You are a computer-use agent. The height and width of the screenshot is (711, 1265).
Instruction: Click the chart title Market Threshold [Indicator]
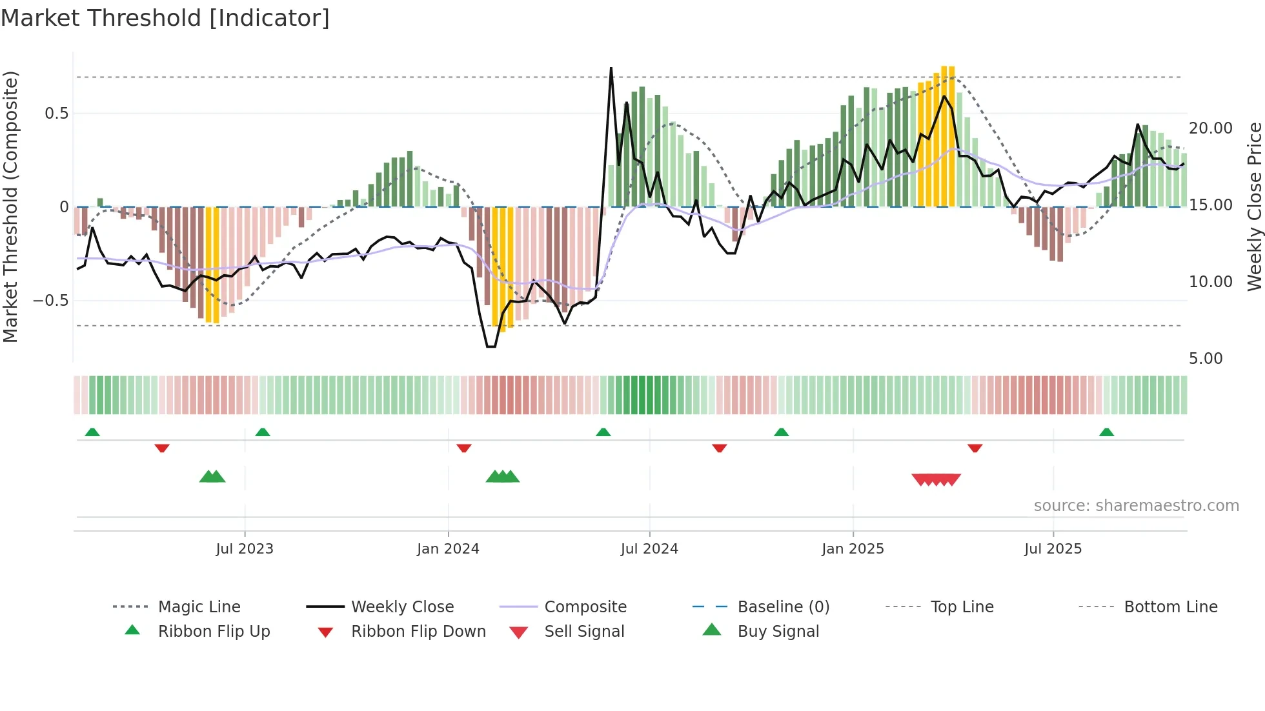click(x=165, y=18)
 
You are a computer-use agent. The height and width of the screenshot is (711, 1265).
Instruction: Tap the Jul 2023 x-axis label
click(x=245, y=549)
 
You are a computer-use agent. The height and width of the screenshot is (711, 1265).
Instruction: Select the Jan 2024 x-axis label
click(x=448, y=549)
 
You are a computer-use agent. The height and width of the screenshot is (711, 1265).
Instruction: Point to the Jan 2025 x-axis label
click(x=853, y=549)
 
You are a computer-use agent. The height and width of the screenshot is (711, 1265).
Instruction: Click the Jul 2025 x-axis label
click(x=1053, y=549)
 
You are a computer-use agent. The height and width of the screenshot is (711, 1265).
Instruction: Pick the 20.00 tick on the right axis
click(x=1211, y=128)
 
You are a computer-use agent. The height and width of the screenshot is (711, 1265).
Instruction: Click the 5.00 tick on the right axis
click(x=1206, y=359)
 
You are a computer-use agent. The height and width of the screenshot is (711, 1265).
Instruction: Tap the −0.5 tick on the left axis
click(x=51, y=301)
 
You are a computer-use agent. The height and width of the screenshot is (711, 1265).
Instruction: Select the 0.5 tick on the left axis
click(x=57, y=114)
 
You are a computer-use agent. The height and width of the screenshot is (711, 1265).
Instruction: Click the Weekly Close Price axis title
click(x=1254, y=206)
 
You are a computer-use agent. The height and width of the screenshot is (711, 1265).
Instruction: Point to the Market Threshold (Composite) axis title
click(x=11, y=206)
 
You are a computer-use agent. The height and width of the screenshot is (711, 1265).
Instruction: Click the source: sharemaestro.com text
click(x=1136, y=506)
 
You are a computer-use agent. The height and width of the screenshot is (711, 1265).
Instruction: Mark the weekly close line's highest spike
click(x=611, y=68)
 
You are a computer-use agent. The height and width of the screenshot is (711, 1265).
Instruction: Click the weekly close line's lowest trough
click(x=491, y=346)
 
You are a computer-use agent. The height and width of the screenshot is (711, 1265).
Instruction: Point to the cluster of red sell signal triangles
click(x=936, y=479)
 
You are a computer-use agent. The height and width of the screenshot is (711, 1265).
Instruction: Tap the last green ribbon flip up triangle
click(x=1106, y=432)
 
